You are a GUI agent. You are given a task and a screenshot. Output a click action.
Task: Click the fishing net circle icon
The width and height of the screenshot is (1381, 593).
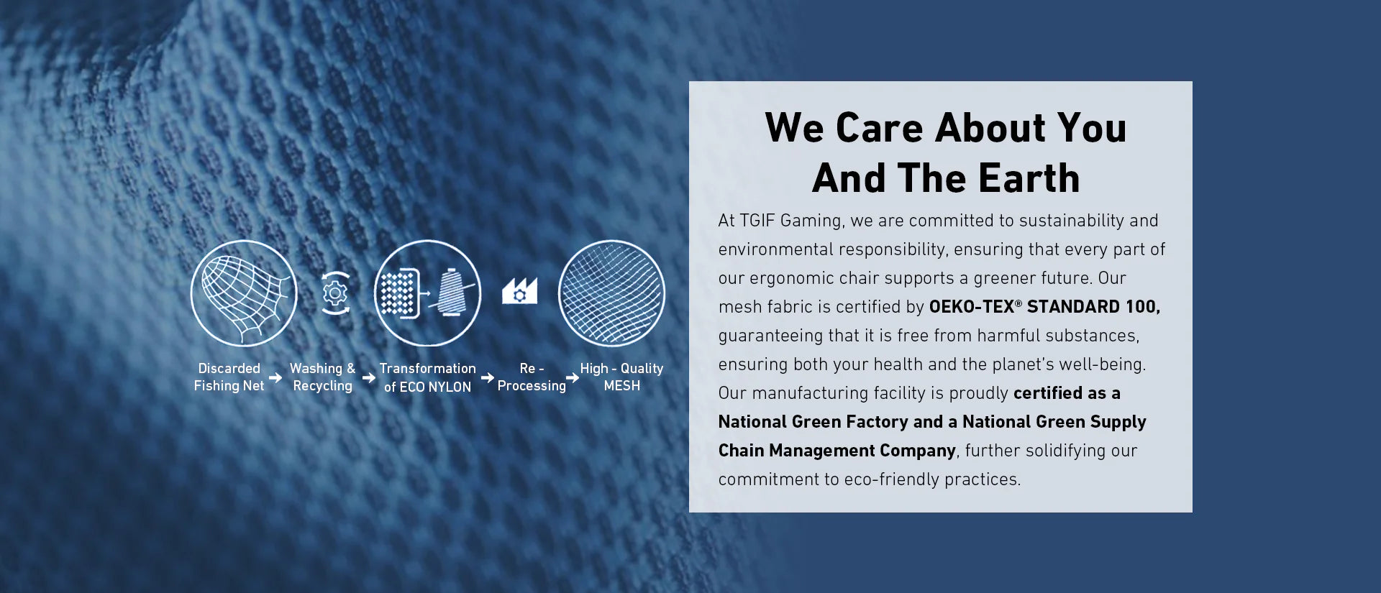coord(244,293)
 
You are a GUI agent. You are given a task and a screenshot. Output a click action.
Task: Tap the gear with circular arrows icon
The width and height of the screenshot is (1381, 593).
coord(335,293)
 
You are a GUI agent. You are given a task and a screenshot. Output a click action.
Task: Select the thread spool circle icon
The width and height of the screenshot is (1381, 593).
coord(428,293)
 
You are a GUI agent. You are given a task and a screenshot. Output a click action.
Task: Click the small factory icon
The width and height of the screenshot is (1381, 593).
coord(519,291)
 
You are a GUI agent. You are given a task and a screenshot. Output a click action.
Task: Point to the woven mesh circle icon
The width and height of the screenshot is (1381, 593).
coord(611,293)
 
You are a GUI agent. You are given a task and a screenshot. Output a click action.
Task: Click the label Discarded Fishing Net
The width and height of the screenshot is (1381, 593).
coord(229,377)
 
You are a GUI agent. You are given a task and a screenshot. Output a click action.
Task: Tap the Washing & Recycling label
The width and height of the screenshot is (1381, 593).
coord(322,377)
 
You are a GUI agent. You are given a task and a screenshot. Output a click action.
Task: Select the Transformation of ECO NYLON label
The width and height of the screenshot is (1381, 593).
coord(428,377)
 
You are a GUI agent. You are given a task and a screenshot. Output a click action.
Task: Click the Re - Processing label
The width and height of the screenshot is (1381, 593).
coord(532,377)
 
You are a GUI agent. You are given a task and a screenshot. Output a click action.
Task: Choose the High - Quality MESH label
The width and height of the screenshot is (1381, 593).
coord(621,377)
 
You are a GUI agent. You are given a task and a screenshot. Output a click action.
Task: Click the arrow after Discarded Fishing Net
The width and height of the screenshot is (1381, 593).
coord(275,377)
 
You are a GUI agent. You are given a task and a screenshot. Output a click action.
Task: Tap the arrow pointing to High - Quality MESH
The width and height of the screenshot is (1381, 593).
coord(573,377)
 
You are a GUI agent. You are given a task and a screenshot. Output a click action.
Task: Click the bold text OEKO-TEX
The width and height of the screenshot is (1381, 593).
coord(972,307)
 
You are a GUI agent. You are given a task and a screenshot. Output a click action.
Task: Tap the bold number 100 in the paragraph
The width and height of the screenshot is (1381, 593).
coord(1143,307)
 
